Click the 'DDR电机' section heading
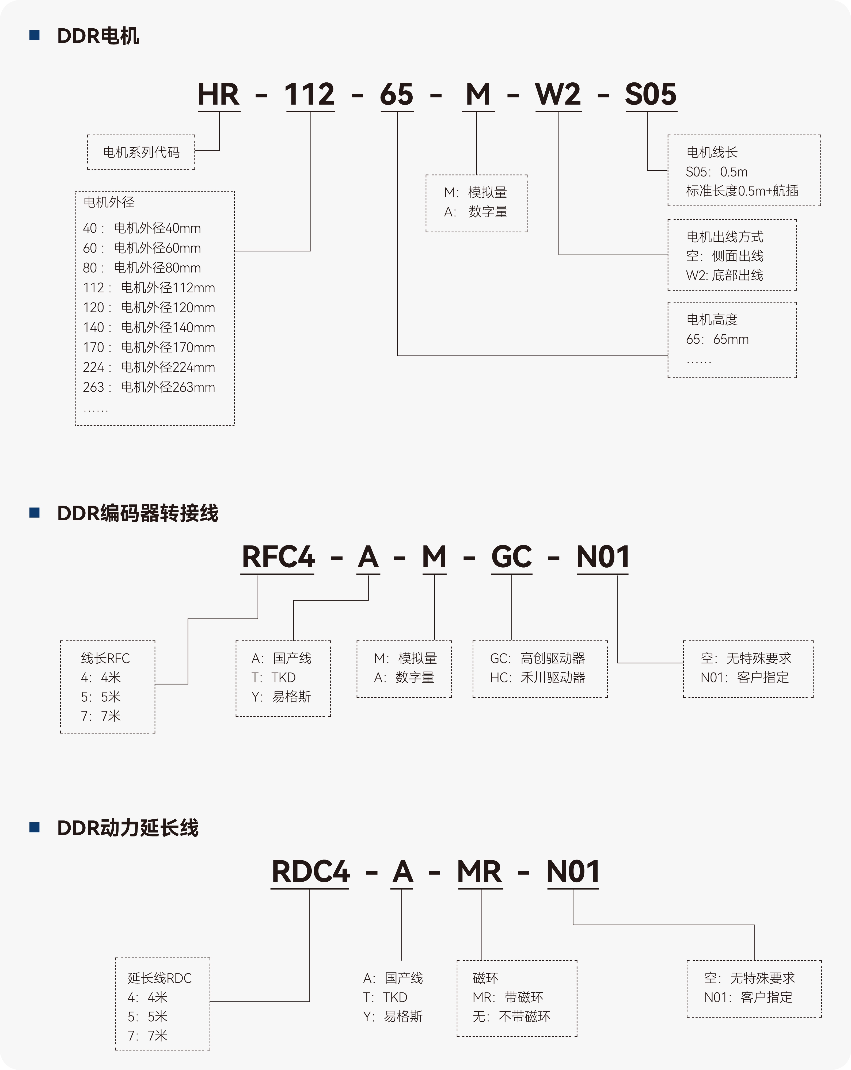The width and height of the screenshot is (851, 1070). (98, 36)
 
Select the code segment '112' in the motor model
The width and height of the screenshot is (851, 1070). (310, 94)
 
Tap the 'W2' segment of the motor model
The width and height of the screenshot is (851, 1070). (558, 94)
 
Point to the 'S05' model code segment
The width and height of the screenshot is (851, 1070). (650, 94)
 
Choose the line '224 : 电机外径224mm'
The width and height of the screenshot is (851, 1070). (149, 367)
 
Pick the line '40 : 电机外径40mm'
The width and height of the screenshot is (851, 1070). (142, 228)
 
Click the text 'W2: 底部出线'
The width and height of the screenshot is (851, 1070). (724, 276)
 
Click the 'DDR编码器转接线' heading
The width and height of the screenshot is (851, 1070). (138, 513)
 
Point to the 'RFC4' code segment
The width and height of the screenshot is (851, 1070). (278, 557)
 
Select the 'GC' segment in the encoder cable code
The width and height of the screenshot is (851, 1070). (511, 557)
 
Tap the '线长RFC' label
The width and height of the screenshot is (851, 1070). (105, 659)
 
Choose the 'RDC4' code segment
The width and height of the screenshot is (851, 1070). (310, 872)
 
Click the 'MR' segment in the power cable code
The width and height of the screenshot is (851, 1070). (480, 872)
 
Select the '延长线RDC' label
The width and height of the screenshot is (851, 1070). (159, 978)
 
